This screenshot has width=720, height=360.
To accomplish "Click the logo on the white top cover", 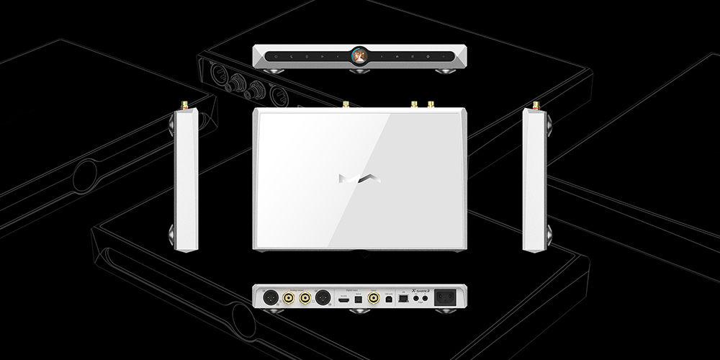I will [359, 178].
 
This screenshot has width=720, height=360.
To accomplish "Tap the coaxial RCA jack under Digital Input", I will [374, 297].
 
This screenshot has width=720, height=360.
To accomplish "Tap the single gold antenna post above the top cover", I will [345, 105].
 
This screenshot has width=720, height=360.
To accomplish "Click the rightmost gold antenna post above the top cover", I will [431, 105].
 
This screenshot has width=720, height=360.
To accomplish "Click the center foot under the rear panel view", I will [359, 312].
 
